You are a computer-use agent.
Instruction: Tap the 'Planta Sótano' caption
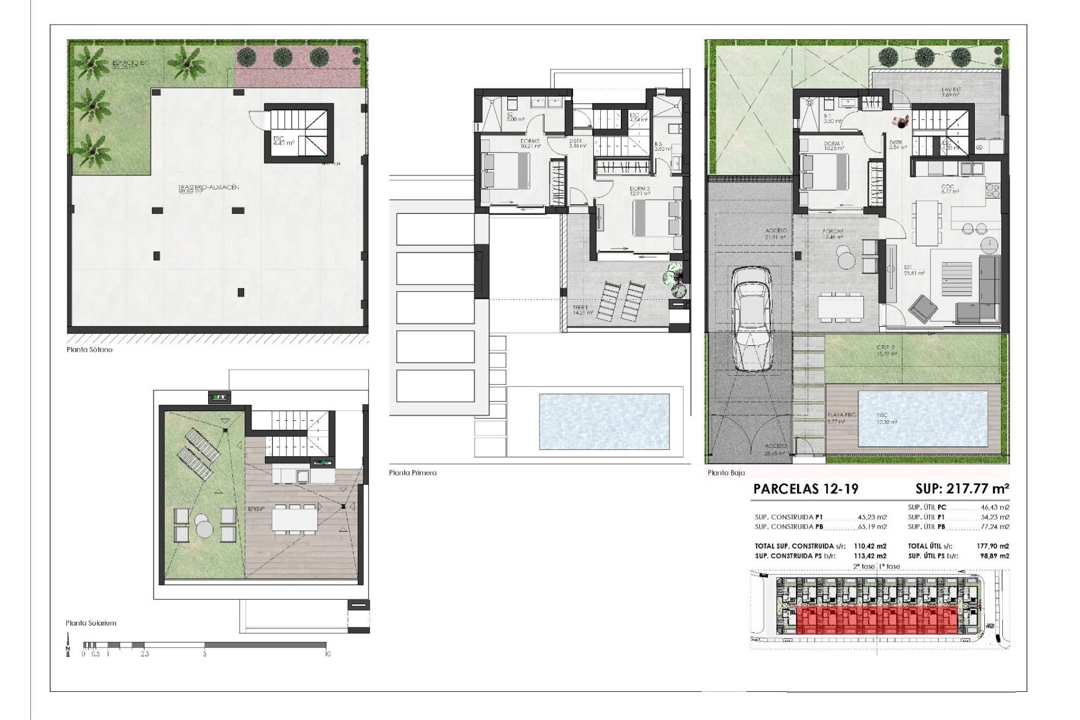click(x=89, y=349)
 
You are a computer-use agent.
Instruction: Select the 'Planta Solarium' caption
click(x=91, y=623)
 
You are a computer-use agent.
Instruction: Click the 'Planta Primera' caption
click(x=412, y=472)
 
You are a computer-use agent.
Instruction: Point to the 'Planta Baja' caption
click(x=726, y=473)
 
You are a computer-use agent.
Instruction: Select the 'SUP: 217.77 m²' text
click(x=962, y=488)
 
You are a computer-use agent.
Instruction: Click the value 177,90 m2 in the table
click(x=993, y=546)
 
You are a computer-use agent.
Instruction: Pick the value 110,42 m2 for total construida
click(x=870, y=546)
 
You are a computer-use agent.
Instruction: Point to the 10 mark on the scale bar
click(x=327, y=654)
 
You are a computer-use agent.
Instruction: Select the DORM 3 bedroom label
click(x=640, y=188)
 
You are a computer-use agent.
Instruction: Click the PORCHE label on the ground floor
click(x=832, y=231)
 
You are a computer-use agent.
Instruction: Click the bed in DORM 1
click(x=825, y=172)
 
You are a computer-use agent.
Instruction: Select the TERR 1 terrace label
click(x=580, y=308)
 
